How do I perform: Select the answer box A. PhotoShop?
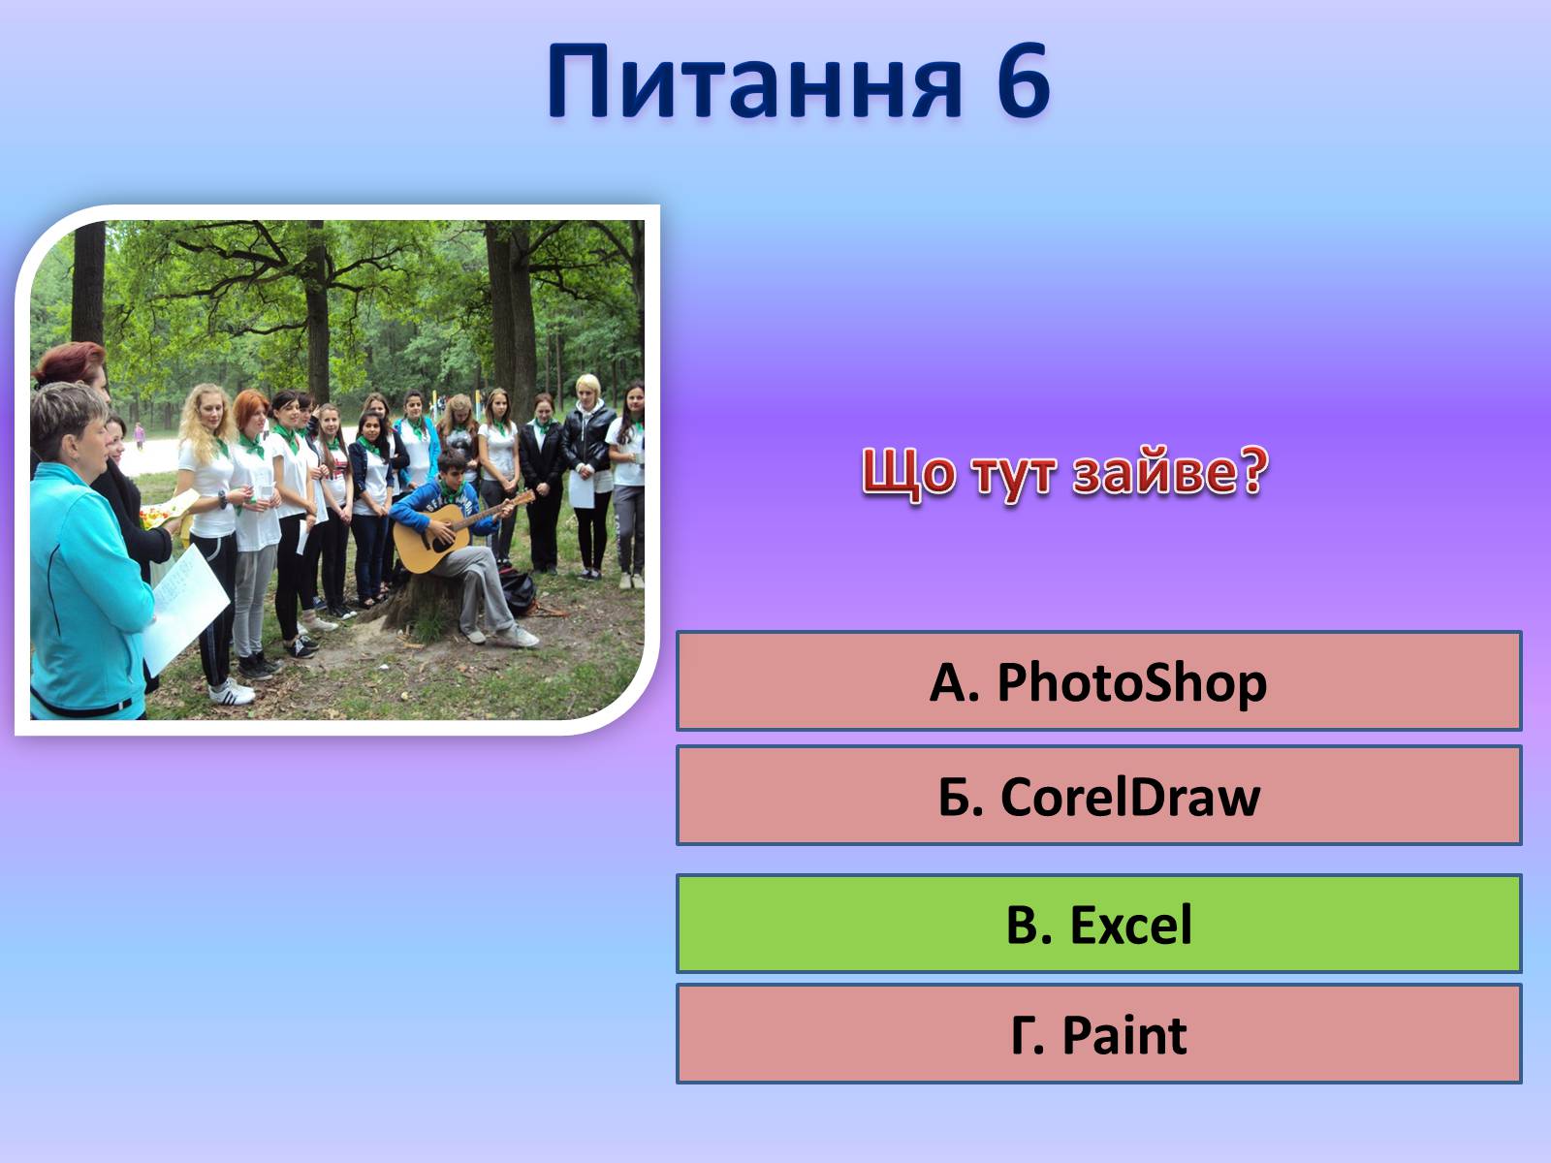[1098, 680]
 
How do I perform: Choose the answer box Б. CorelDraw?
[1098, 795]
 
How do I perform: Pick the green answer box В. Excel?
[1098, 923]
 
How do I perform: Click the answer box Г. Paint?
[1098, 1034]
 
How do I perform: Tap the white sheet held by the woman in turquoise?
[185, 609]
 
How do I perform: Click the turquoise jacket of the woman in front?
[84, 587]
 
